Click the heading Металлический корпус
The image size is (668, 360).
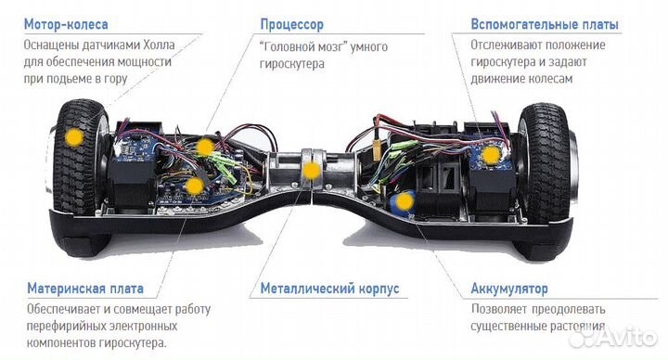[x=329, y=289]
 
